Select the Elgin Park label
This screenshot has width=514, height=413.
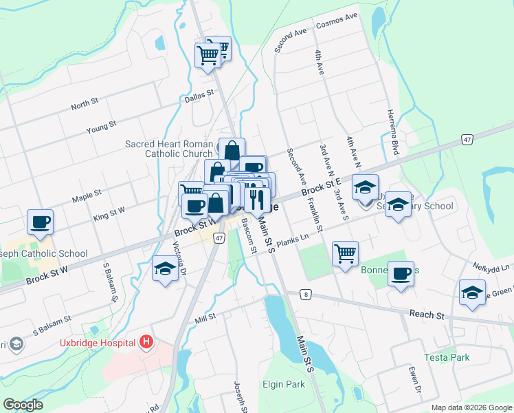click(283, 384)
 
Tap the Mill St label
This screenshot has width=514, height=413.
click(205, 317)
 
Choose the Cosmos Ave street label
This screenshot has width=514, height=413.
click(337, 21)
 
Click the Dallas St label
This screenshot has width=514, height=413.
click(201, 99)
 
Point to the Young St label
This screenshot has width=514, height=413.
click(101, 127)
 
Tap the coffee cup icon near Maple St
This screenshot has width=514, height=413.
click(40, 222)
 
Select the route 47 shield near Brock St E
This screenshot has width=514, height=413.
click(467, 140)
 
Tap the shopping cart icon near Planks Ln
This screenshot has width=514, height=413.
click(345, 253)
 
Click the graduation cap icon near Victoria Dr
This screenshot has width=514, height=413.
click(165, 268)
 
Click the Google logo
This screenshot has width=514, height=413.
click(23, 405)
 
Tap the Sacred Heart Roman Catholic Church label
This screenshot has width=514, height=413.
click(169, 149)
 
